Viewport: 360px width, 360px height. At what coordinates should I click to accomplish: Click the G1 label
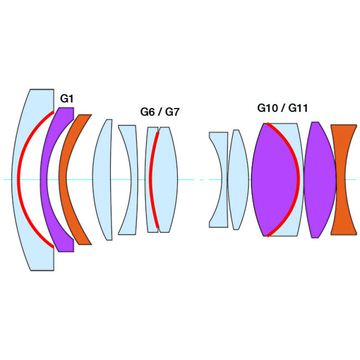(67, 99)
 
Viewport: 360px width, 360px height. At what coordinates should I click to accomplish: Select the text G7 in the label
(172, 112)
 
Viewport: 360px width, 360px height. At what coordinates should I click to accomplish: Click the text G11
(298, 108)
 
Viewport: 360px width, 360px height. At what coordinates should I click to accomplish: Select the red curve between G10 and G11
(298, 179)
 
